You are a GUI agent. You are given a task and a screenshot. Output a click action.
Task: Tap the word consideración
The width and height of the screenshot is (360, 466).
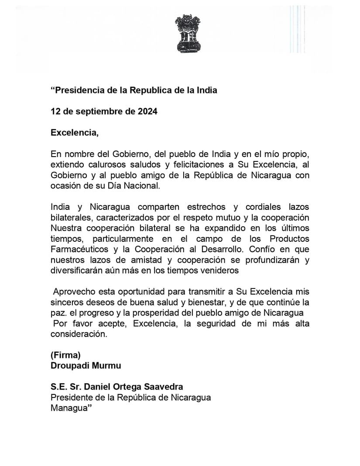pyautogui.click(x=79, y=334)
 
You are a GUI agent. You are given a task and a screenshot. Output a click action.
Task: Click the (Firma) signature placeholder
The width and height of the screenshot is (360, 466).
pyautogui.click(x=66, y=355)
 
